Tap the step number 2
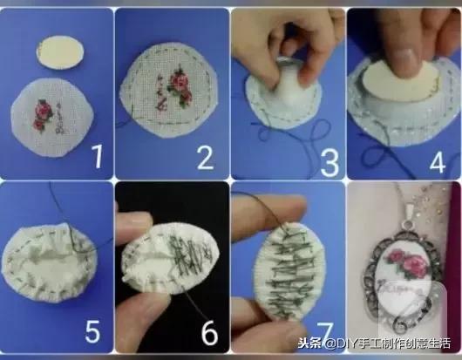pos(206,157)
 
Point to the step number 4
pos(436,158)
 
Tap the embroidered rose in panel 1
pos(42,111)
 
